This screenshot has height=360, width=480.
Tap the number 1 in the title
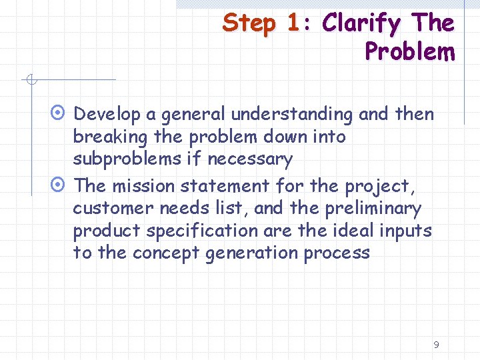293,23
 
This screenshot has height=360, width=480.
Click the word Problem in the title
409,51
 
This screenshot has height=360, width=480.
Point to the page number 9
436,345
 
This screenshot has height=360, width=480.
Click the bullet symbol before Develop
59,114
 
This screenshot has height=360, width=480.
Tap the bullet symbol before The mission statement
59,185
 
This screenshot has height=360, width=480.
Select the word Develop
107,115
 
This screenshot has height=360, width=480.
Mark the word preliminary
373,209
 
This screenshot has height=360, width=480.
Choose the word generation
251,254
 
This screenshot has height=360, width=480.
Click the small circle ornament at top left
30,81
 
